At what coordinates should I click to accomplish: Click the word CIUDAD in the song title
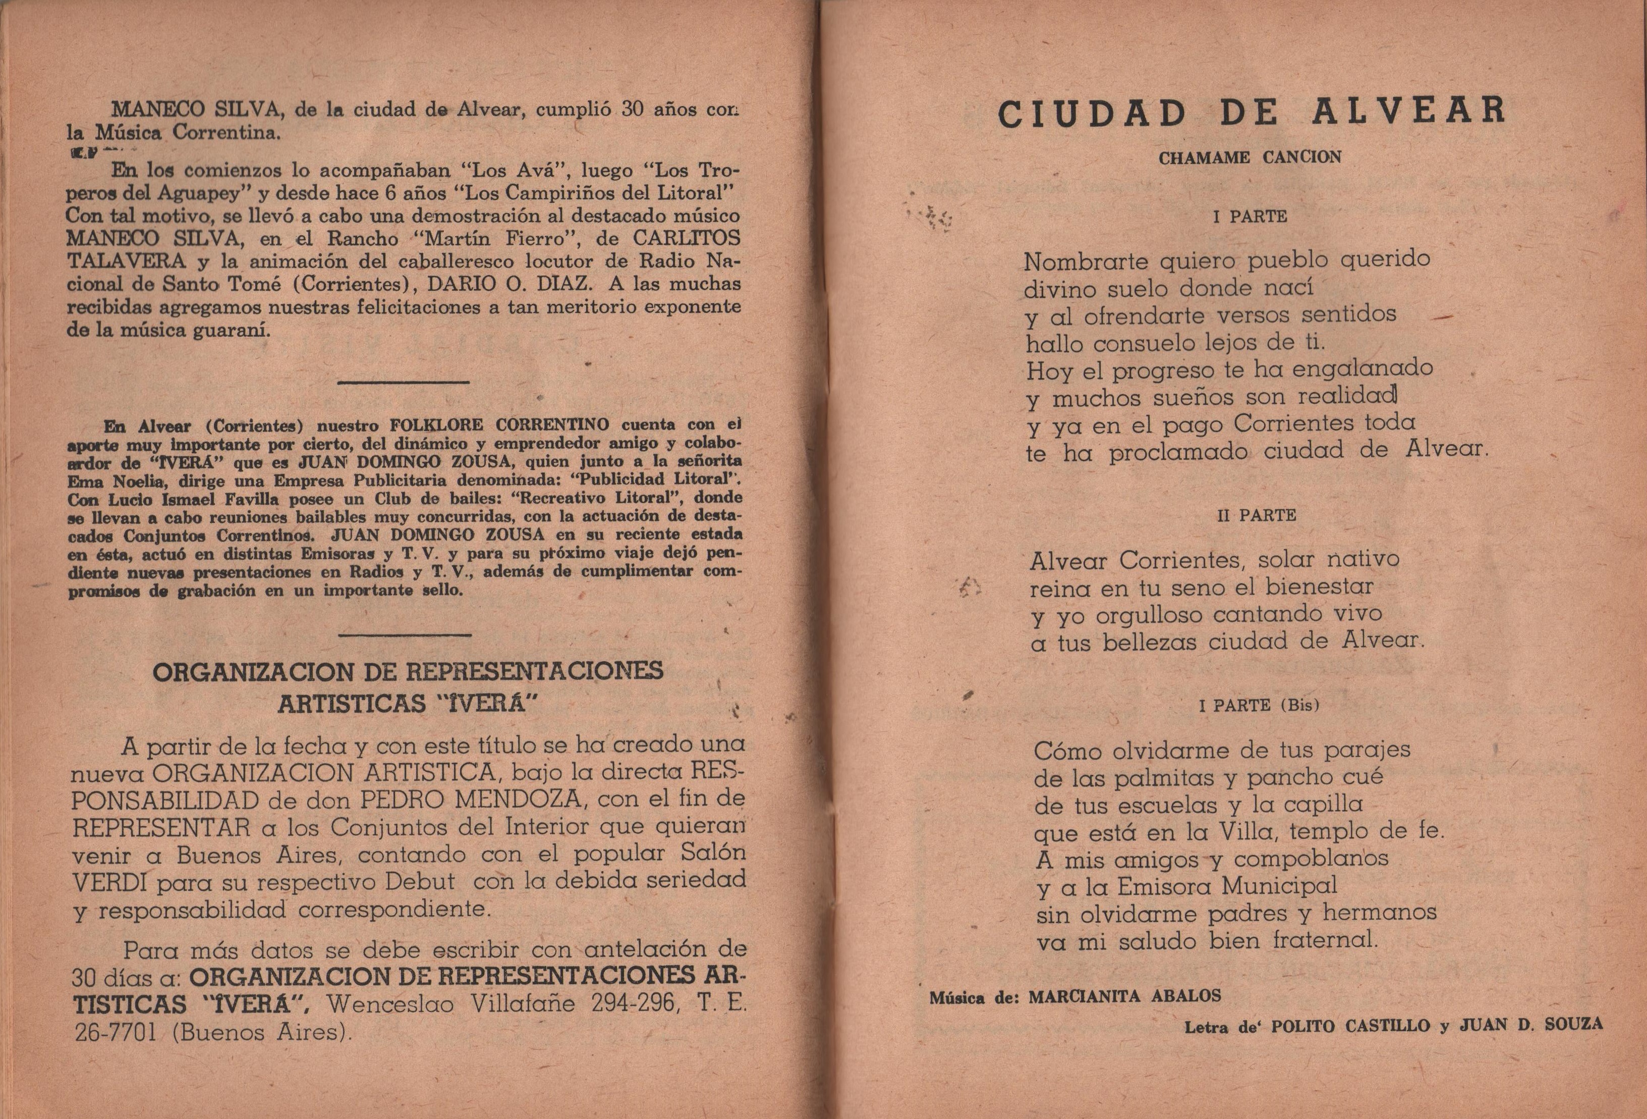(x=1093, y=114)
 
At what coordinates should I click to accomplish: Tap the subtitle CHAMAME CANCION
(x=1250, y=157)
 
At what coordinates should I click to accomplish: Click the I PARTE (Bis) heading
(x=1259, y=706)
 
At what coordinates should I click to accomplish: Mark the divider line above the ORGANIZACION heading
(x=404, y=634)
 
